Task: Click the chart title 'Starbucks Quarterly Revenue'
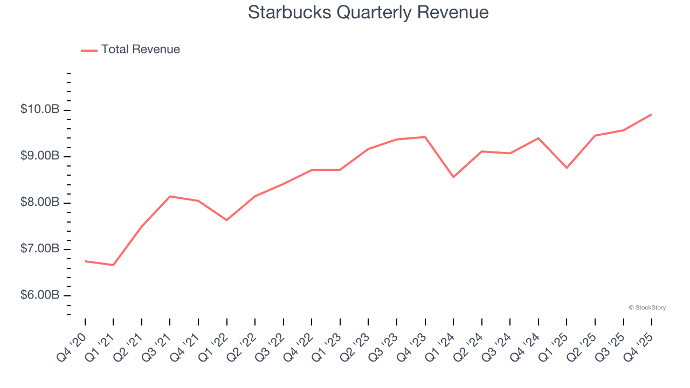click(x=368, y=12)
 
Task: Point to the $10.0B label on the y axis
click(x=40, y=110)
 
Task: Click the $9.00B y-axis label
click(x=40, y=156)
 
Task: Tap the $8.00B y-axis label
click(x=40, y=203)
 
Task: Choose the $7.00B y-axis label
click(x=40, y=249)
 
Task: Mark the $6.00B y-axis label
click(x=40, y=295)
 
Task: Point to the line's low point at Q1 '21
click(x=113, y=265)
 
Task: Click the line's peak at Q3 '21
click(x=170, y=196)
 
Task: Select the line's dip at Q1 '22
click(x=226, y=220)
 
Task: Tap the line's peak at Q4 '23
click(x=425, y=137)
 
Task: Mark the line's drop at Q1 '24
click(x=453, y=177)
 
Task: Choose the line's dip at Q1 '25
click(x=567, y=168)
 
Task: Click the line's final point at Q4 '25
click(x=651, y=114)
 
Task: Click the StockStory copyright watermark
click(x=647, y=308)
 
